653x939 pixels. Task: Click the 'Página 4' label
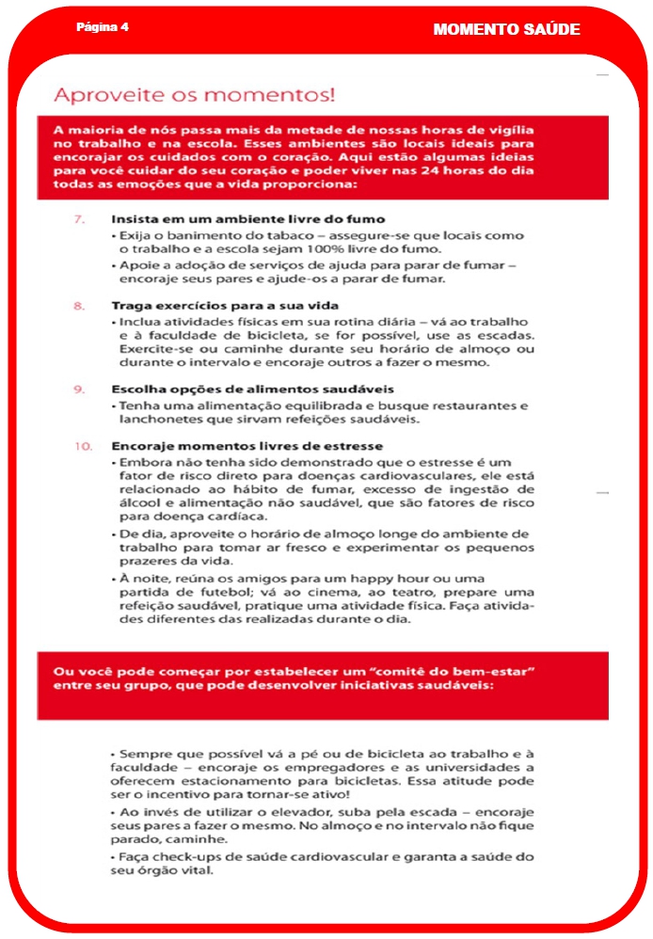(x=103, y=27)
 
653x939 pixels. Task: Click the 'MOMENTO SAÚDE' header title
(x=506, y=30)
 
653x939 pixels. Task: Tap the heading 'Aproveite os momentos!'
(x=195, y=95)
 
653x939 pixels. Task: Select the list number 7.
(x=80, y=219)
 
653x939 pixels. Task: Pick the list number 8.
(x=80, y=306)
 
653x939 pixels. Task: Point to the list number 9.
(x=80, y=389)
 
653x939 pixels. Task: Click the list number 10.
(x=83, y=445)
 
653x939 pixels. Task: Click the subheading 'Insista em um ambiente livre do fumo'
(x=247, y=219)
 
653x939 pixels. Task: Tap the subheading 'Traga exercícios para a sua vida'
(x=225, y=306)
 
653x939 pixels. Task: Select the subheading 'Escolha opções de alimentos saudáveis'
(x=252, y=389)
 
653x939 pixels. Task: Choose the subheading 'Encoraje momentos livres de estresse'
(x=247, y=445)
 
